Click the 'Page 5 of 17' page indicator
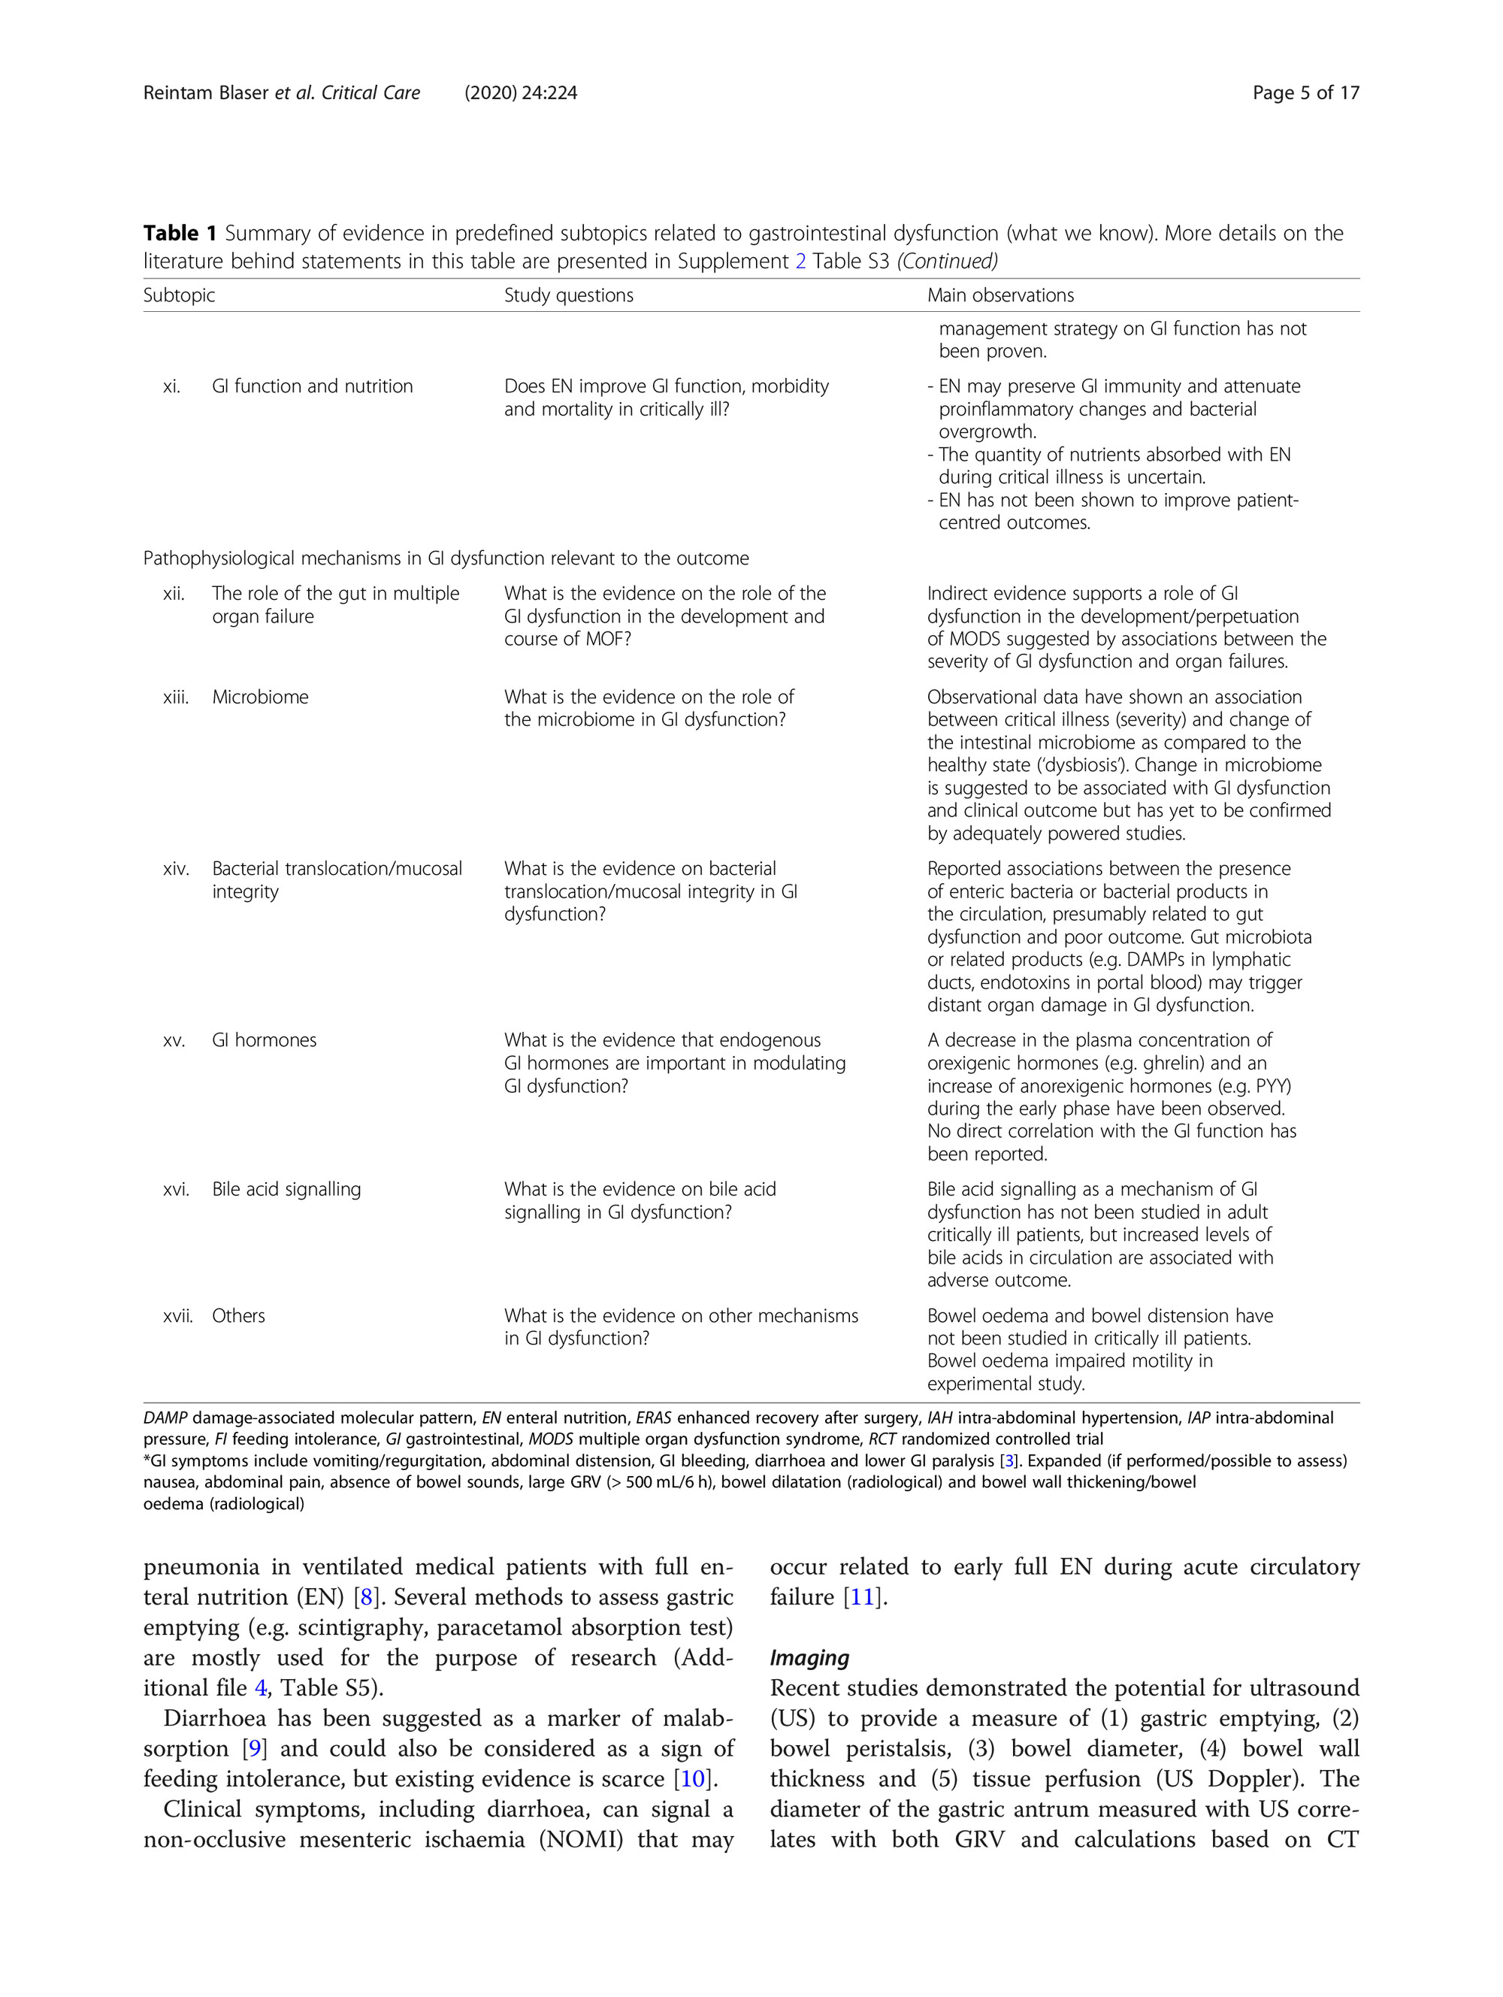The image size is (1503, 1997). click(1305, 93)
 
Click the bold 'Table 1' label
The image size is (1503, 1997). click(180, 234)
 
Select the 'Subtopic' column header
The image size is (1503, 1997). click(179, 295)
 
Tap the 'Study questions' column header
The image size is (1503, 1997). click(569, 295)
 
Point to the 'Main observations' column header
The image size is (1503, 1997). click(1000, 295)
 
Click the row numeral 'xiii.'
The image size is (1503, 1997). click(176, 697)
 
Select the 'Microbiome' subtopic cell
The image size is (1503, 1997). click(260, 697)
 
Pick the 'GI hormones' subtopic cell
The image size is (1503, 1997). click(265, 1040)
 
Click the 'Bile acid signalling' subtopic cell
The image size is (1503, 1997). click(286, 1189)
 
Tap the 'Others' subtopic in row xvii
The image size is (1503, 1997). click(238, 1315)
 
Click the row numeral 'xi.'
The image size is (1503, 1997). click(171, 386)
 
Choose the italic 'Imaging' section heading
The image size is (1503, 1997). click(809, 1657)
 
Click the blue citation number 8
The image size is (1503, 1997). click(365, 1597)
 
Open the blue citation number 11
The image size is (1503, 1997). click(862, 1597)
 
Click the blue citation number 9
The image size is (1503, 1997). click(255, 1749)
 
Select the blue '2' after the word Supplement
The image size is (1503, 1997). click(800, 262)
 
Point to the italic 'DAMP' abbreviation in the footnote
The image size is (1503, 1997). click(165, 1418)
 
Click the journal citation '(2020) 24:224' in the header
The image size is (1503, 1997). click(521, 93)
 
